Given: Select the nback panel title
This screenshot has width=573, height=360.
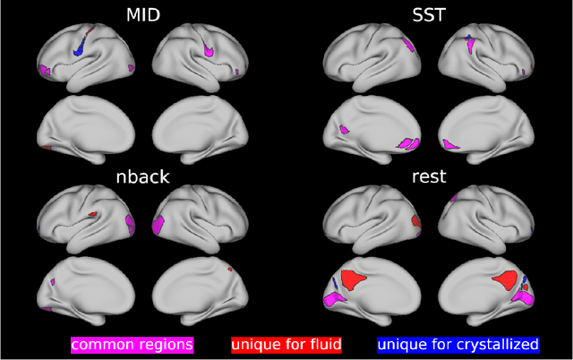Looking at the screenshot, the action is tap(142, 176).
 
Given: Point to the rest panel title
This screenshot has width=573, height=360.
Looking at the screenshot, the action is tap(431, 176).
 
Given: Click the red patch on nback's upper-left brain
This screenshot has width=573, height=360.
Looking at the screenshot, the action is tap(92, 215).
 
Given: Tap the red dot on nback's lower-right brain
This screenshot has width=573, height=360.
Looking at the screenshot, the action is tap(231, 268).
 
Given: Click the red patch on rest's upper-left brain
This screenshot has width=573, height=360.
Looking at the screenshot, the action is tap(415, 219).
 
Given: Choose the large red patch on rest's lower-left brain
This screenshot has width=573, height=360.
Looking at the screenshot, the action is tap(355, 280).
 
